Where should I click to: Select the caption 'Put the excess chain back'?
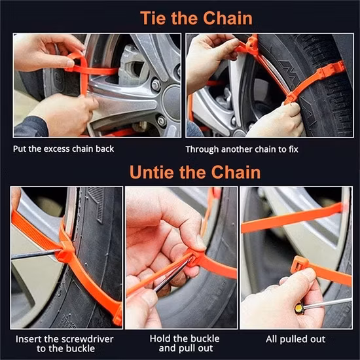(63, 149)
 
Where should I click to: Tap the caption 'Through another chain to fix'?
(242, 149)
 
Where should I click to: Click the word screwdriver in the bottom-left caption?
(84, 338)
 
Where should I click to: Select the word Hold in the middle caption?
(161, 338)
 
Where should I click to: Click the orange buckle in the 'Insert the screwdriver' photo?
(65, 251)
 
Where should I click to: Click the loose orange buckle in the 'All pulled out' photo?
(300, 264)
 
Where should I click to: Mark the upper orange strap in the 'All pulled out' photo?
(291, 219)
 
